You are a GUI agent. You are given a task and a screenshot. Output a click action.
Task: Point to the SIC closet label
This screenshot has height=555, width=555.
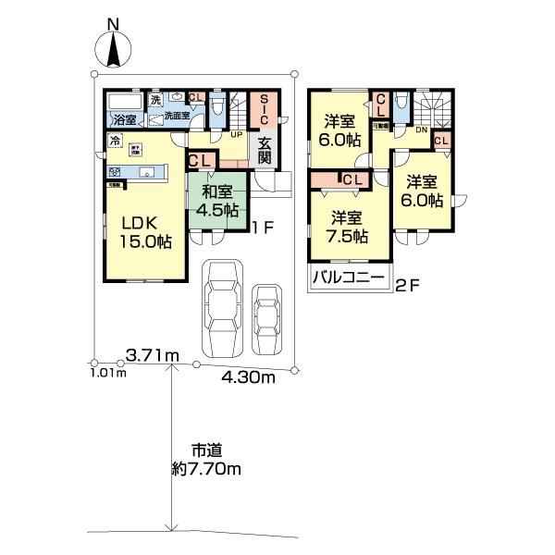(264, 111)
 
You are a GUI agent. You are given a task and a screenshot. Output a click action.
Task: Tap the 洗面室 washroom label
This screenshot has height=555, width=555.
(177, 116)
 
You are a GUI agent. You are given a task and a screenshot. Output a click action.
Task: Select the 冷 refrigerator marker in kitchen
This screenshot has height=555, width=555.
(115, 141)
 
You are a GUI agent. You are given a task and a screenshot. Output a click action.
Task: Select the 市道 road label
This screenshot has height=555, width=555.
(205, 450)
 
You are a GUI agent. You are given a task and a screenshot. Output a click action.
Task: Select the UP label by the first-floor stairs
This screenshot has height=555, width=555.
(237, 133)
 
